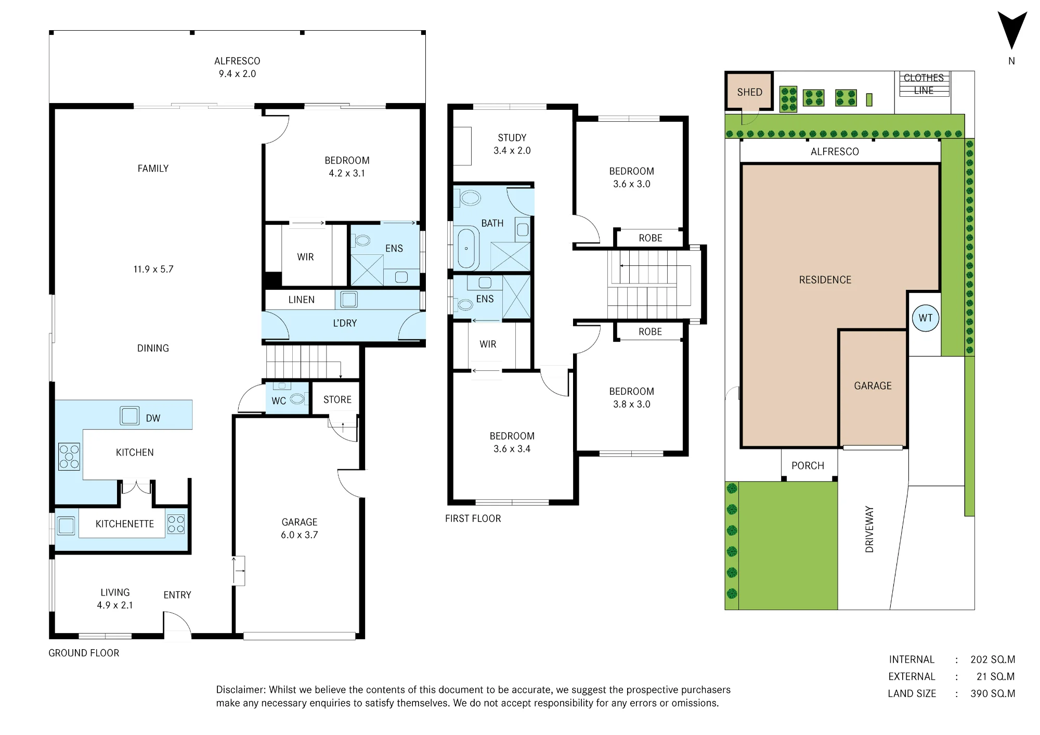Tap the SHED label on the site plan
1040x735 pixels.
pyautogui.click(x=749, y=92)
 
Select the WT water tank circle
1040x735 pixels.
pyautogui.click(x=926, y=318)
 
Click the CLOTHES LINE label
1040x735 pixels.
pyautogui.click(x=924, y=84)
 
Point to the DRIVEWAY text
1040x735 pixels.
pyautogui.click(x=869, y=529)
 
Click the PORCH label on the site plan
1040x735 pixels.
pyautogui.click(x=808, y=466)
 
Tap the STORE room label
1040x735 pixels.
pyautogui.click(x=337, y=399)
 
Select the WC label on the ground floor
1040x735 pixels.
pyautogui.click(x=279, y=401)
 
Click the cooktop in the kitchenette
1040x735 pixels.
pyautogui.click(x=176, y=524)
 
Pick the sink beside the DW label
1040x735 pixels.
pyautogui.click(x=129, y=416)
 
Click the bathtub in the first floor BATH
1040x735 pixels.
pyautogui.click(x=466, y=248)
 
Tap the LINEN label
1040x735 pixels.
pyautogui.click(x=302, y=300)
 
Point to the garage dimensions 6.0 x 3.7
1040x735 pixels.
pyautogui.click(x=300, y=535)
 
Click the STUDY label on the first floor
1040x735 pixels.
pyautogui.click(x=512, y=138)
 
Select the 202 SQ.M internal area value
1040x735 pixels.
pyautogui.click(x=993, y=660)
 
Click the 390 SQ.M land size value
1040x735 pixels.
pyautogui.click(x=993, y=693)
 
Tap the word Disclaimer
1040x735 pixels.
pyautogui.click(x=241, y=690)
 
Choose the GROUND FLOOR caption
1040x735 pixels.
pyautogui.click(x=84, y=653)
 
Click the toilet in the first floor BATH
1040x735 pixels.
pyautogui.click(x=468, y=198)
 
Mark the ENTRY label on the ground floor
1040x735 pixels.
pyautogui.click(x=177, y=595)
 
